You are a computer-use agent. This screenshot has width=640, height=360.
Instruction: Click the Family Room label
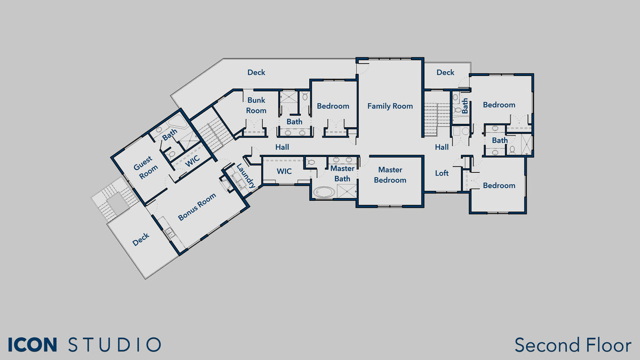tap(390, 106)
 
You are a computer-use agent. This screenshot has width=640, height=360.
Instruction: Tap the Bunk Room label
tap(257, 105)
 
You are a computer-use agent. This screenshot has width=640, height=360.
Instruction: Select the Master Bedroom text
tap(390, 174)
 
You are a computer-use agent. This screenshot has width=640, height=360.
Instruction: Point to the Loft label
tap(442, 173)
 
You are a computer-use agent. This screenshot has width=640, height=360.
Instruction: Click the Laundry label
tap(245, 176)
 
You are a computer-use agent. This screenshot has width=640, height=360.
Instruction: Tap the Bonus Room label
tap(197, 207)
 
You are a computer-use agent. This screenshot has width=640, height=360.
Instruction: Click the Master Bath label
tap(342, 173)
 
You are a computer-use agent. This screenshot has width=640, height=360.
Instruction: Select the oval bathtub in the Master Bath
tap(324, 192)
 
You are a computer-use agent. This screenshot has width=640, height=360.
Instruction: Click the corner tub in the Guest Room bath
tap(178, 122)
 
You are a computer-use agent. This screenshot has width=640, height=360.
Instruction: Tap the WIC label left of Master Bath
tap(284, 171)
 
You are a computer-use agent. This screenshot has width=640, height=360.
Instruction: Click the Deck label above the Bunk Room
tap(257, 72)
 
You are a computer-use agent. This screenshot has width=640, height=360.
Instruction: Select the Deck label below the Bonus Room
tap(141, 239)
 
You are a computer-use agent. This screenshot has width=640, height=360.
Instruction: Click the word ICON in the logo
tap(33, 345)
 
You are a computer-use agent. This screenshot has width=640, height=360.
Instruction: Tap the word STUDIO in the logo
tap(115, 345)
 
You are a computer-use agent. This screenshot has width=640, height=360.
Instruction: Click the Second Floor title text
tap(573, 345)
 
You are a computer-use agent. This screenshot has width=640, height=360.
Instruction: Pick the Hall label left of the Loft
tap(442, 147)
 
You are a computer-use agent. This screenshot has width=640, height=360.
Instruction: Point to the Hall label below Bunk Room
tap(282, 147)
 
